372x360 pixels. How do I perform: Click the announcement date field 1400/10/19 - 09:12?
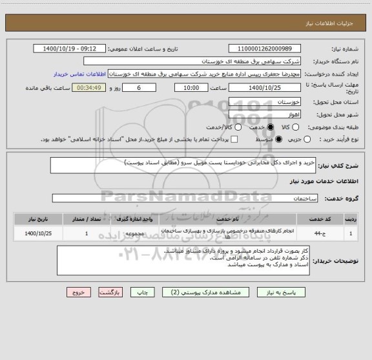pos(67,48)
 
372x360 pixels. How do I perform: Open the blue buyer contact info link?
pos(78,74)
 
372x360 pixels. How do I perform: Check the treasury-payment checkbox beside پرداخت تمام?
pos(234,139)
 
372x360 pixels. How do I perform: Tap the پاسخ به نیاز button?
pos(323,293)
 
